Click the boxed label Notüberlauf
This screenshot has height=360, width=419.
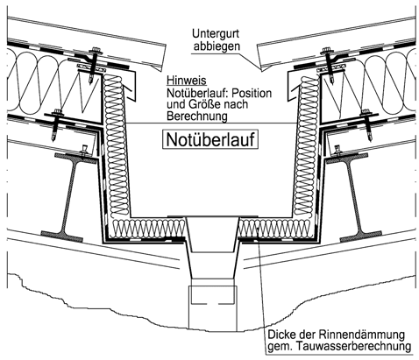click(x=210, y=139)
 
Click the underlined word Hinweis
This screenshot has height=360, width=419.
click(x=187, y=81)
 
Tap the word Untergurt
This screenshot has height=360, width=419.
click(x=216, y=33)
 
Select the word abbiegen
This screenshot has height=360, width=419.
click(x=217, y=46)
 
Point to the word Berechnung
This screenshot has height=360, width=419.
click(x=197, y=116)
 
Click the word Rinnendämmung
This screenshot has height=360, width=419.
click(x=361, y=335)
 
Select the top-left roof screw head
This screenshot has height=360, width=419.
click(x=96, y=51)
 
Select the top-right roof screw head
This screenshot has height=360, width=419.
click(x=327, y=51)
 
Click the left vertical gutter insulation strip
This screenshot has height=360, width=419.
click(x=116, y=145)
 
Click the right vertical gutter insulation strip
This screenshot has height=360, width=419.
click(x=307, y=145)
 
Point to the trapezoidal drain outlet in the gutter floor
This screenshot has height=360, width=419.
click(x=212, y=235)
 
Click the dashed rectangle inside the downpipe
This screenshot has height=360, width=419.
click(x=212, y=294)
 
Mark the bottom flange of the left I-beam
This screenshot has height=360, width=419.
click(x=62, y=236)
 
